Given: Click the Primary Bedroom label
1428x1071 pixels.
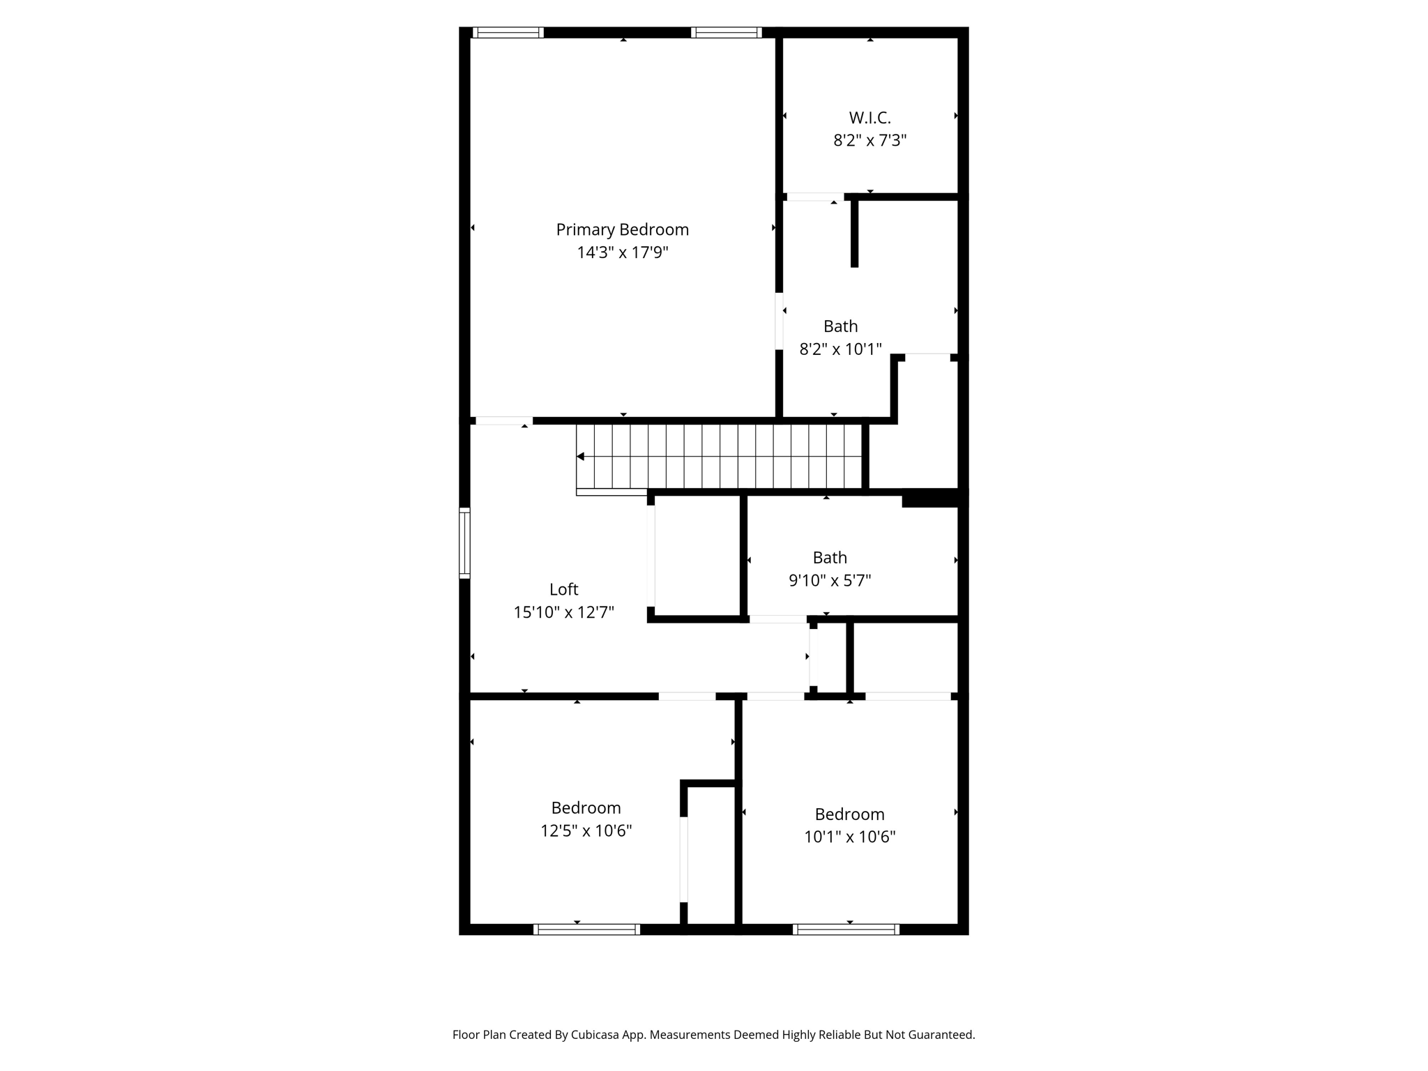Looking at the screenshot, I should pyautogui.click(x=622, y=229).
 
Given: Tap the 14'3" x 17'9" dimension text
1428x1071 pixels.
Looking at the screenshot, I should pyautogui.click(x=622, y=252).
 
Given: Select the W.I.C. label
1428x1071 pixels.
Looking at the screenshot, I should pyautogui.click(x=869, y=118).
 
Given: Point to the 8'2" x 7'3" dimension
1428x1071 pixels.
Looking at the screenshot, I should pyautogui.click(x=869, y=141).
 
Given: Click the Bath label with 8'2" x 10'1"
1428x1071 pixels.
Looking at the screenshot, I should pyautogui.click(x=840, y=326).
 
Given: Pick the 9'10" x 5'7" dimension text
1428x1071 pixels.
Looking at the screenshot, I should pyautogui.click(x=830, y=580).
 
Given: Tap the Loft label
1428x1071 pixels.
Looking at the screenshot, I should pyautogui.click(x=563, y=589).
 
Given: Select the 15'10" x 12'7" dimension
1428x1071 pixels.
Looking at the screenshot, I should pyautogui.click(x=563, y=612).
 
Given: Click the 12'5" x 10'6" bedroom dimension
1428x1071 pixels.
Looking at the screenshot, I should pyautogui.click(x=586, y=830).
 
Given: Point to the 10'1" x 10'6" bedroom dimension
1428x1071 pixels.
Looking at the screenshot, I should pyautogui.click(x=849, y=837).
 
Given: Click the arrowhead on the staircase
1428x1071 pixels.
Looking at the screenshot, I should pyautogui.click(x=580, y=457).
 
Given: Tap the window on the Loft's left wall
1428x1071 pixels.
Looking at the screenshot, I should pyautogui.click(x=464, y=543).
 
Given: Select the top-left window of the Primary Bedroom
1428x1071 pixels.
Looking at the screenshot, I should pyautogui.click(x=508, y=32).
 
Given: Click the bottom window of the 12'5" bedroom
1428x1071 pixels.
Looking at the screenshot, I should pyautogui.click(x=586, y=929).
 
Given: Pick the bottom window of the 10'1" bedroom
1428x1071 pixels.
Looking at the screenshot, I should pyautogui.click(x=846, y=929).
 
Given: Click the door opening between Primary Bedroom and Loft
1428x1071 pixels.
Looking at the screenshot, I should pyautogui.click(x=503, y=420).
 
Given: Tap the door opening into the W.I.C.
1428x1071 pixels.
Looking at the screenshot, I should pyautogui.click(x=815, y=197).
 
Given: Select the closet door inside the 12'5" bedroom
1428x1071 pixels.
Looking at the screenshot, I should pyautogui.click(x=683, y=859).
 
